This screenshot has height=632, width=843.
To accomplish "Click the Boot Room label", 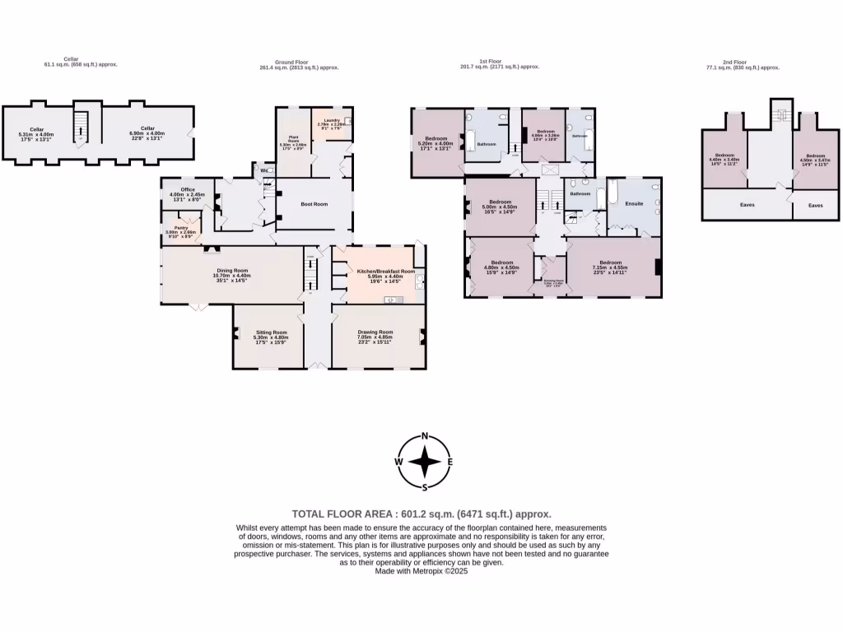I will pyautogui.click(x=314, y=203).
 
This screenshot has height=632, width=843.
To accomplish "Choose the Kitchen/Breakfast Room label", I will pyautogui.click(x=384, y=271).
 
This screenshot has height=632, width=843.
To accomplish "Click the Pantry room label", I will pyautogui.click(x=180, y=228).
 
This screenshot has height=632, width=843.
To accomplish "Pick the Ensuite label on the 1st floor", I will pyautogui.click(x=634, y=203).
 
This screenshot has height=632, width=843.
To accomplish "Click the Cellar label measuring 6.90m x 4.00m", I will pyautogui.click(x=147, y=128).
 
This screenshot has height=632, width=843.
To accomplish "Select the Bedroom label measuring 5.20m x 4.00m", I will pyautogui.click(x=435, y=138).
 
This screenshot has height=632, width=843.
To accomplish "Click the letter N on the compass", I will pyautogui.click(x=425, y=436).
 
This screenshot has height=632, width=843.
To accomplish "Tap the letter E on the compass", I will pyautogui.click(x=449, y=462).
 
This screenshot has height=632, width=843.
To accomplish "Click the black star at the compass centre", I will pyautogui.click(x=425, y=462).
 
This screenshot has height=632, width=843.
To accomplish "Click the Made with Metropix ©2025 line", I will pyautogui.click(x=421, y=571).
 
